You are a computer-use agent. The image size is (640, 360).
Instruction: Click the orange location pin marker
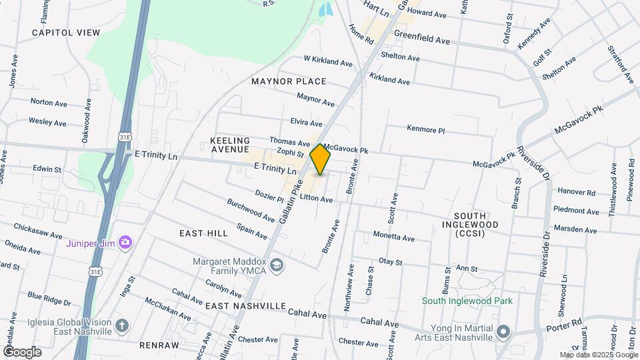pyautogui.click(x=321, y=159)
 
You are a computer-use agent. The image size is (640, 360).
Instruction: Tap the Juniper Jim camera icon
pyautogui.click(x=125, y=242)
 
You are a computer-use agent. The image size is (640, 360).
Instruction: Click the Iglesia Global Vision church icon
pyautogui.click(x=121, y=325)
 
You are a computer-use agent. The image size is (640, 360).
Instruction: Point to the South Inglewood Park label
pyautogui.click(x=467, y=300)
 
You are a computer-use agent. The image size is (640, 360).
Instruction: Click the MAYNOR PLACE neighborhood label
pyautogui.click(x=289, y=81)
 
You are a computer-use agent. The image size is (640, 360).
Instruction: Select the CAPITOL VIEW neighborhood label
pyautogui.click(x=65, y=32)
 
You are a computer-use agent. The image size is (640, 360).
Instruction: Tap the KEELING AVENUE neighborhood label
pyautogui.click(x=229, y=146)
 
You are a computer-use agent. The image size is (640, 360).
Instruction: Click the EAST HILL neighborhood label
pyautogui.click(x=199, y=233)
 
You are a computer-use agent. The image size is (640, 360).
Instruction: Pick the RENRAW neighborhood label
pyautogui.click(x=159, y=345)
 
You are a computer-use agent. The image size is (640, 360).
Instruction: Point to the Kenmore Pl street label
pyautogui.click(x=425, y=129)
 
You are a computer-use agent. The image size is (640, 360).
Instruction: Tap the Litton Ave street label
pyautogui.click(x=316, y=199)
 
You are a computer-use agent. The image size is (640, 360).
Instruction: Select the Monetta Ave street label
pyautogui.click(x=393, y=237)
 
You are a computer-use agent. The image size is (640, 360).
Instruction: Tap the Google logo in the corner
pyautogui.click(x=21, y=351)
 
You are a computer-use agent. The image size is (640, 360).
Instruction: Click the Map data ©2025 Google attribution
pyautogui.click(x=598, y=355)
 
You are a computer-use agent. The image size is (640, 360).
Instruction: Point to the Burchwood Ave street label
pyautogui.click(x=251, y=209)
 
